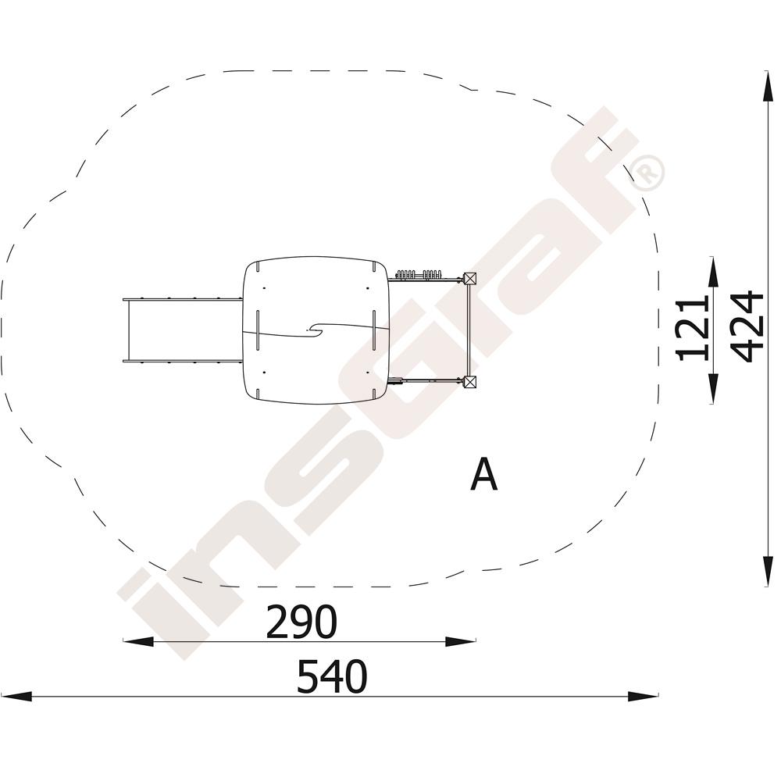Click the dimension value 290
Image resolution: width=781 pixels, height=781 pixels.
click(301, 622)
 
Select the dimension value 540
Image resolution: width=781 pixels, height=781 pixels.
click(332, 676)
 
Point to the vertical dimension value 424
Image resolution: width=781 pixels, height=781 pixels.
click(747, 326)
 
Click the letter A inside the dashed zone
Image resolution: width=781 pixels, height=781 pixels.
click(483, 474)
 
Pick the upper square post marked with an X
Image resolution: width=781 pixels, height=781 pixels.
click(469, 279)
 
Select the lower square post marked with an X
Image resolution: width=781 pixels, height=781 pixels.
click(469, 382)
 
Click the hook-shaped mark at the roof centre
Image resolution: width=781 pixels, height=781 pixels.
click(317, 330)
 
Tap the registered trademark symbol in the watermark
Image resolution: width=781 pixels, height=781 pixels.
click(646, 173)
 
